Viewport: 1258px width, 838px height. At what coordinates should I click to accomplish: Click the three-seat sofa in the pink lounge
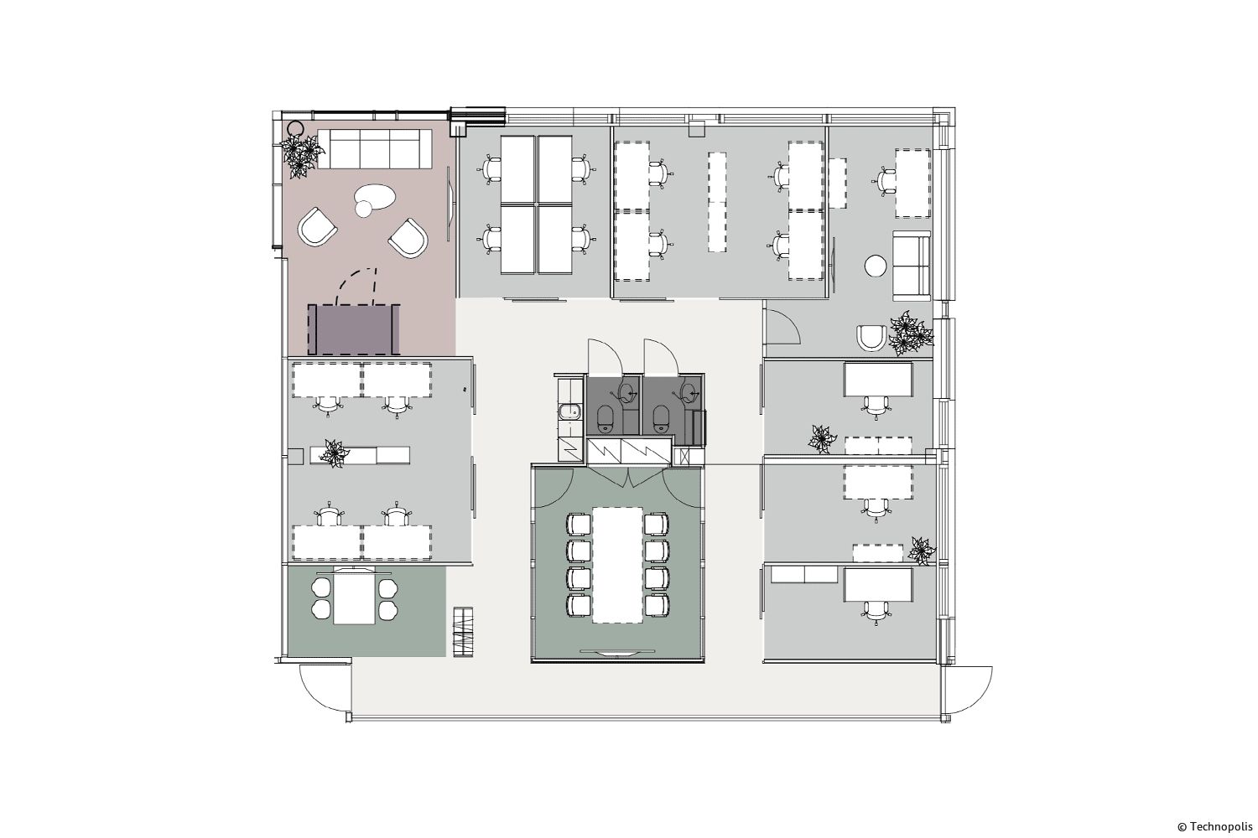coord(374,148)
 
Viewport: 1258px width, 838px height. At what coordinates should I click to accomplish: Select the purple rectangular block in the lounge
coord(354,329)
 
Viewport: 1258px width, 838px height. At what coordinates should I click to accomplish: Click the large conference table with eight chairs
coord(617,565)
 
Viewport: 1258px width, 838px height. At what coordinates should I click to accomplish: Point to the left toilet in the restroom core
coord(605,418)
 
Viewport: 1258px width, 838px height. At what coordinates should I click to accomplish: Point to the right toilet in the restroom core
coord(661,418)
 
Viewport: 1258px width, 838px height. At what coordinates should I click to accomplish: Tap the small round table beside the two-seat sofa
coord(876,266)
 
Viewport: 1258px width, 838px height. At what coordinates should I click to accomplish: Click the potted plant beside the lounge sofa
coord(302,156)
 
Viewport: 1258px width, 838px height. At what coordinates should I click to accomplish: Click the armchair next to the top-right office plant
coord(872,338)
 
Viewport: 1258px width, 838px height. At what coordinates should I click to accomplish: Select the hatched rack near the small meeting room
coord(463,631)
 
